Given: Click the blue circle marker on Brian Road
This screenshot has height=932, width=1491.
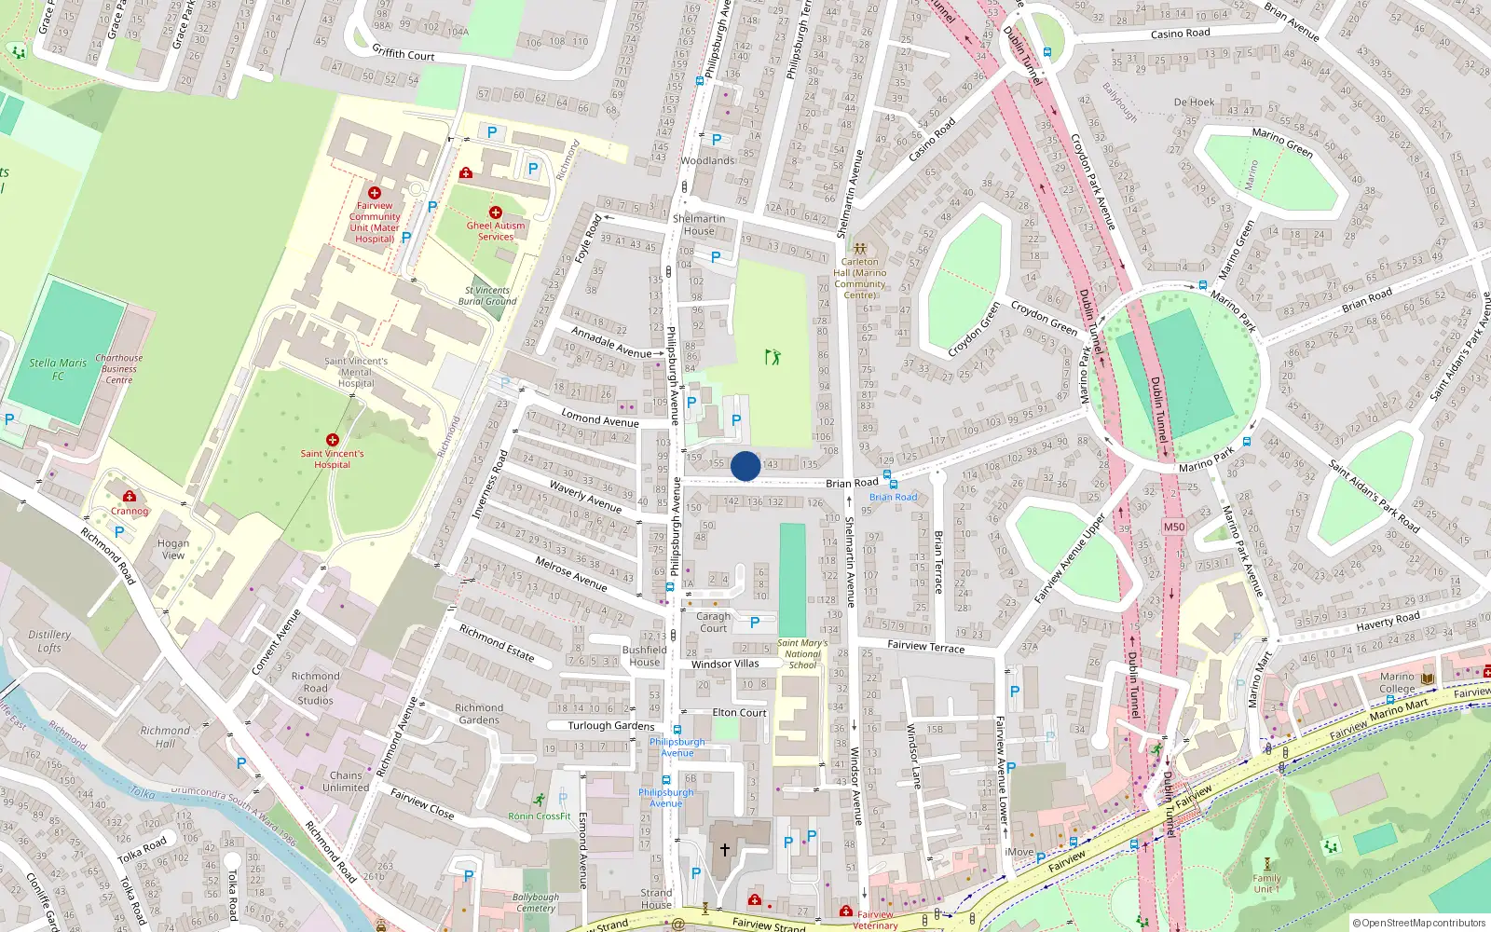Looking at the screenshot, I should pyautogui.click(x=745, y=466).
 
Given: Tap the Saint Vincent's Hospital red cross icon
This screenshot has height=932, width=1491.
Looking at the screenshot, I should pyautogui.click(x=332, y=439).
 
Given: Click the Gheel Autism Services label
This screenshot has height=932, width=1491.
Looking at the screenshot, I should pyautogui.click(x=496, y=231).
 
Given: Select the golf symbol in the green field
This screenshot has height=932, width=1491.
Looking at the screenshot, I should pyautogui.click(x=772, y=356).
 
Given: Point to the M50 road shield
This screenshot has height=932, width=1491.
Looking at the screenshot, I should pyautogui.click(x=1174, y=527).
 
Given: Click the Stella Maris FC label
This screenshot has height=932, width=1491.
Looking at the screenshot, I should pyautogui.click(x=58, y=369).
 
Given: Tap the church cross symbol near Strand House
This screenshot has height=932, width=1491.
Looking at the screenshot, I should pyautogui.click(x=725, y=850).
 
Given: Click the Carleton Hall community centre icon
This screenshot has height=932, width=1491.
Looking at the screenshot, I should pyautogui.click(x=859, y=249).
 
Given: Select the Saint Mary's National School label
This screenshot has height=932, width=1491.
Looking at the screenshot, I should pyautogui.click(x=802, y=653).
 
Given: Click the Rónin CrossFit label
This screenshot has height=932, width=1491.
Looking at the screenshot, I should pyautogui.click(x=539, y=815).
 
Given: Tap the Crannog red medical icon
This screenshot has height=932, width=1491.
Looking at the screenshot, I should pyautogui.click(x=130, y=497).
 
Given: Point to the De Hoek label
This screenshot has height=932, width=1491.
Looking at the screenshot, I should pyautogui.click(x=1194, y=103).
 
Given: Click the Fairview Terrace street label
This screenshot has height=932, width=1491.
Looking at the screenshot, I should pyautogui.click(x=925, y=645).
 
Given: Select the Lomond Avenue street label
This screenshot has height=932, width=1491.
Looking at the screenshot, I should pyautogui.click(x=600, y=419).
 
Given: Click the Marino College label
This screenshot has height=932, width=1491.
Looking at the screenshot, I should pyautogui.click(x=1397, y=683).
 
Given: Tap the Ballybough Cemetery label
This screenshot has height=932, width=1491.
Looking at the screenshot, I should pyautogui.click(x=536, y=902).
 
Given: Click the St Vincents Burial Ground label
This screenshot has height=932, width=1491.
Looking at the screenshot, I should pyautogui.click(x=487, y=295).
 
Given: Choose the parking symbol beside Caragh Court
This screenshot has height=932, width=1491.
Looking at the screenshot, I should pyautogui.click(x=755, y=622).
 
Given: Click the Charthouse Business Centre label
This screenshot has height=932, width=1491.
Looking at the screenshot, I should pyautogui.click(x=119, y=368).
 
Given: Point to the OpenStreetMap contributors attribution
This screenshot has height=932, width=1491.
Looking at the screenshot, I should pyautogui.click(x=1419, y=923).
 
